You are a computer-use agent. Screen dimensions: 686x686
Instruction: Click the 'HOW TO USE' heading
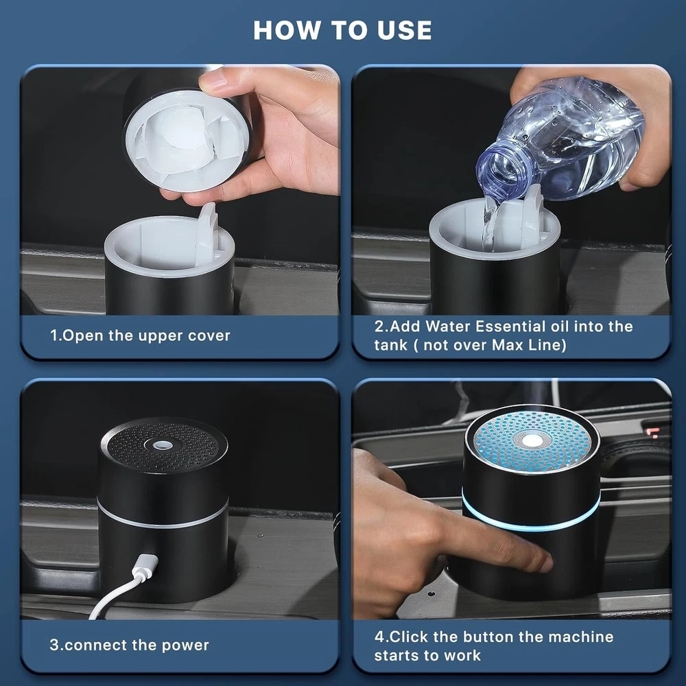pos(342,30)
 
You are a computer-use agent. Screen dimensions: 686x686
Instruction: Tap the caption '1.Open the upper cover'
pos(140,335)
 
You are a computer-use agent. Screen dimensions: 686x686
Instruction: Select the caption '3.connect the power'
pos(129,645)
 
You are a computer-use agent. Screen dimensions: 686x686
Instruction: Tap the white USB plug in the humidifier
pos(144,567)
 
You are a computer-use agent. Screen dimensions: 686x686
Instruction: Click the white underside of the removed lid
pos(188,140)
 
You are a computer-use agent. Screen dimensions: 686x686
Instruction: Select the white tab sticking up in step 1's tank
pos(207,235)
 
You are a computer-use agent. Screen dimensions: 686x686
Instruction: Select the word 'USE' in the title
pos(405,30)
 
